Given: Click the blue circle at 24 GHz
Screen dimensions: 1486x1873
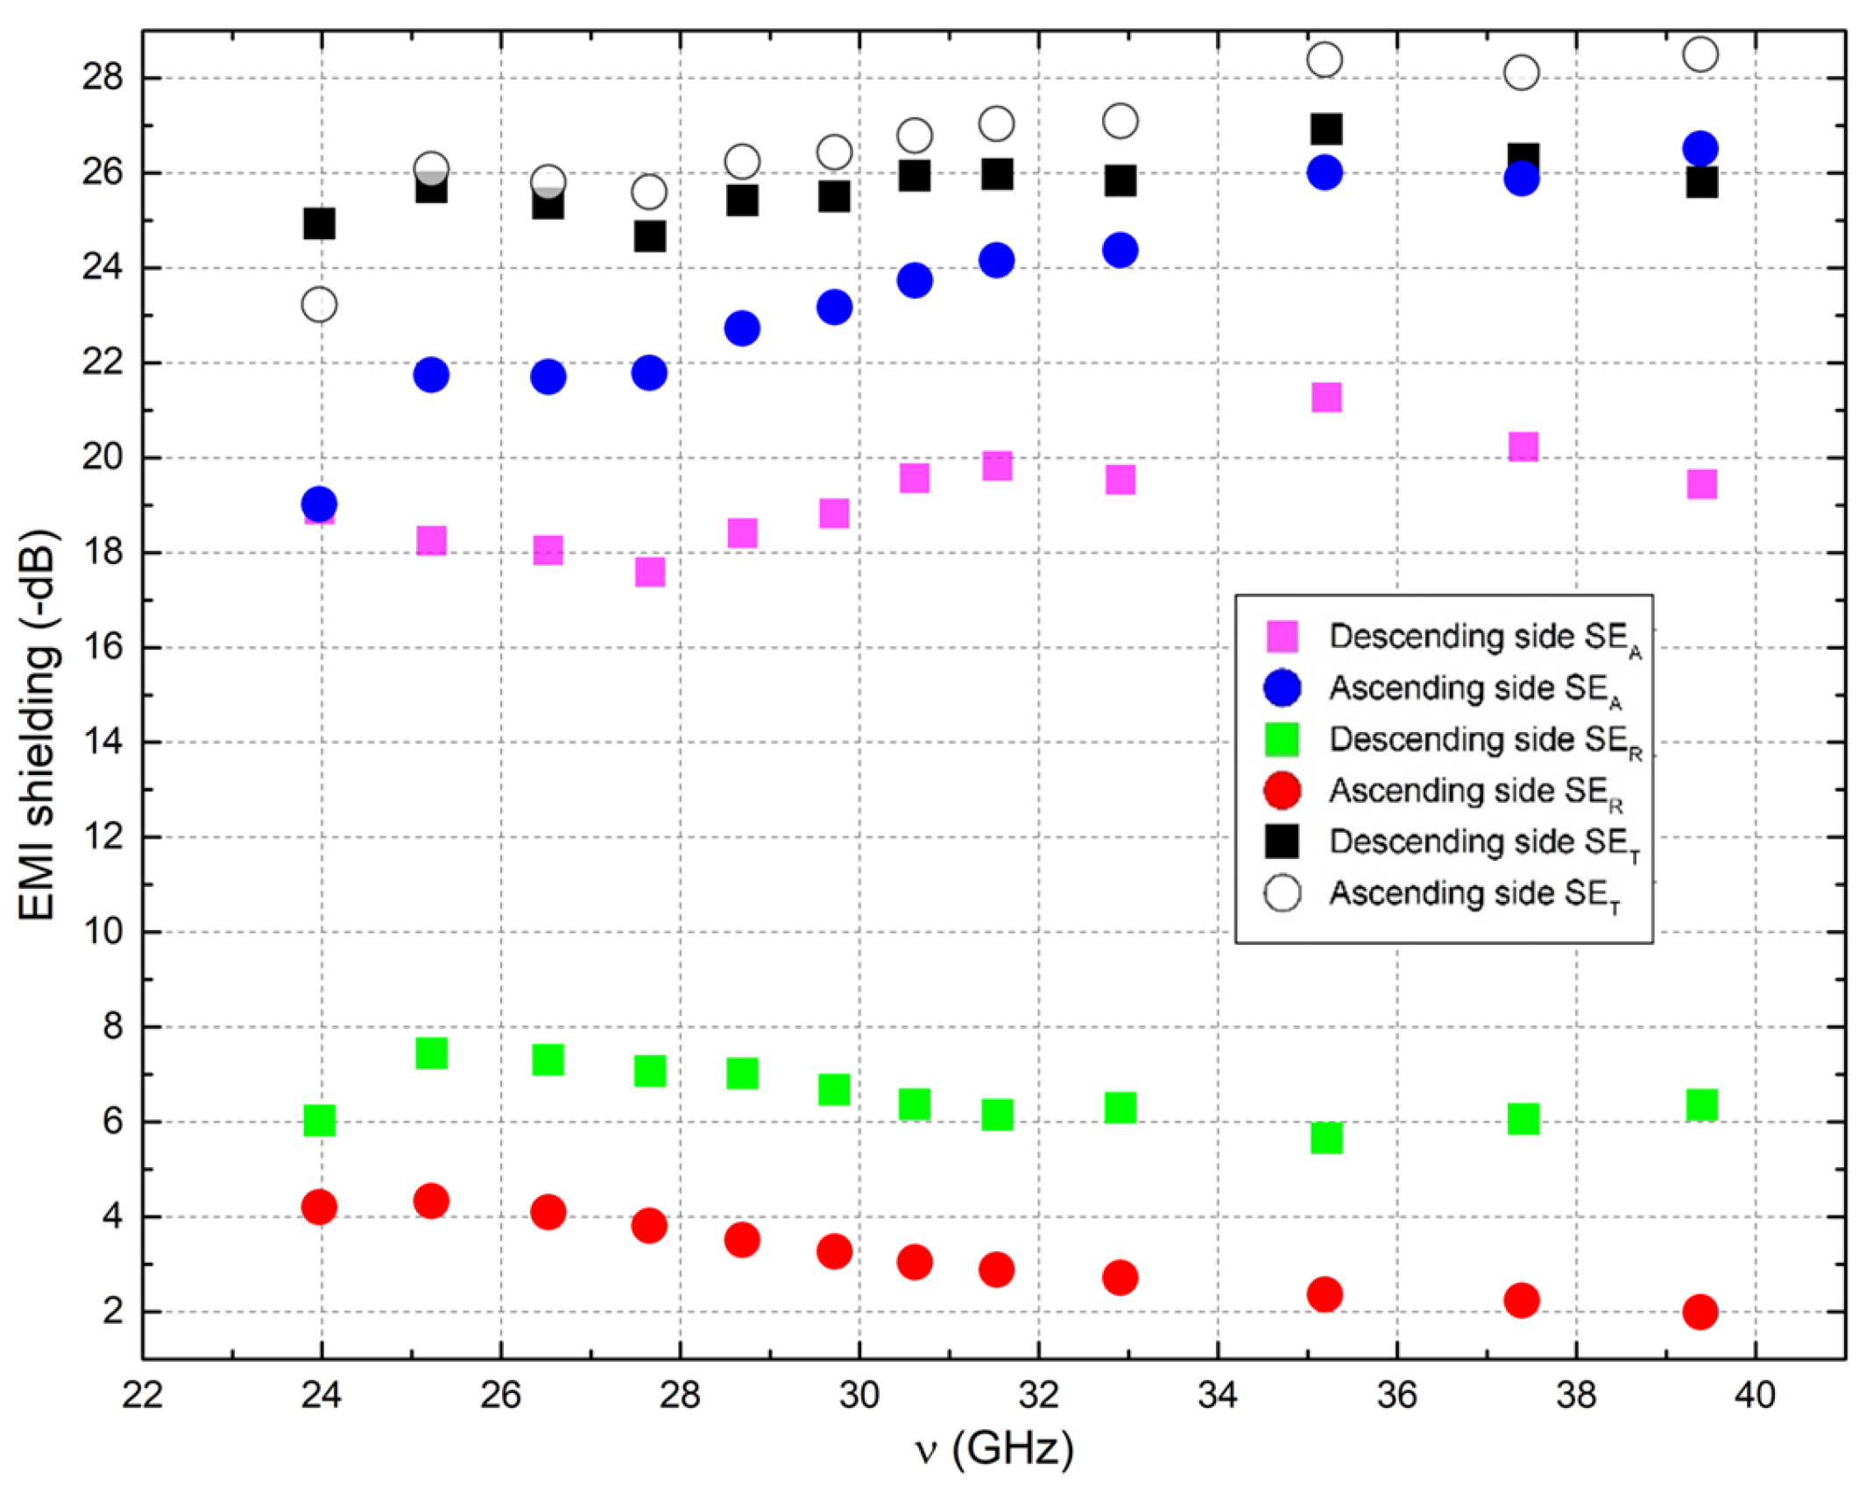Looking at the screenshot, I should coord(319,504).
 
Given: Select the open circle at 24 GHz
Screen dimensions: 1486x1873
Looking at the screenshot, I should coord(319,305).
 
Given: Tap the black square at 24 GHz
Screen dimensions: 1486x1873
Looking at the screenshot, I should coord(319,223).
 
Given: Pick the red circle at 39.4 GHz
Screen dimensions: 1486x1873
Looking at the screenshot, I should coord(1700,1311).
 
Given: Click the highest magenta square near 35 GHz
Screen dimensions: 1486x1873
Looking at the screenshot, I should coord(1325,397).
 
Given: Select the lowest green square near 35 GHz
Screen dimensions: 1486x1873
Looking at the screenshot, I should coord(1325,1137).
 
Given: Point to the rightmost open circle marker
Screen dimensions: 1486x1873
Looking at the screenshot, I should coord(1700,54).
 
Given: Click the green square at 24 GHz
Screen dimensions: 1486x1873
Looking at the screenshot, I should coord(319,1119).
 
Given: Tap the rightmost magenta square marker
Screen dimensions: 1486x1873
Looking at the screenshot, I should coord(1701,483).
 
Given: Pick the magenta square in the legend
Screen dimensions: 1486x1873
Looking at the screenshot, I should coord(1283,636).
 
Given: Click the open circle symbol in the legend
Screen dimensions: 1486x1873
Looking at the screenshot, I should coord(1283,893).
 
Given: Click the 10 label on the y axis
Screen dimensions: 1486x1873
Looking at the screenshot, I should coord(102,931).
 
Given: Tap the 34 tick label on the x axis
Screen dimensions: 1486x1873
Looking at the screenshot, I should coord(1217,1394).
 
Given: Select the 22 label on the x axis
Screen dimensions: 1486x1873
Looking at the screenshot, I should coord(142,1394).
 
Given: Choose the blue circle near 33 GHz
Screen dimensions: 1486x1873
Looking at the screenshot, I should coord(1120,250).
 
